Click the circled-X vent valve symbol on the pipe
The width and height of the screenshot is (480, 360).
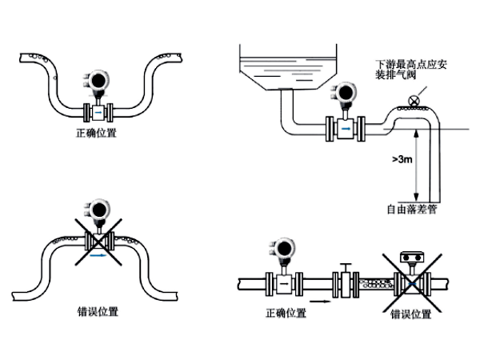click(x=413, y=101)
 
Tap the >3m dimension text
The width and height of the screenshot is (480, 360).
click(x=402, y=160)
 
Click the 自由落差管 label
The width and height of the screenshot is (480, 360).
click(x=410, y=210)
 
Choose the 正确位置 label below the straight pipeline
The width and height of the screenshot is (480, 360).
click(x=285, y=313)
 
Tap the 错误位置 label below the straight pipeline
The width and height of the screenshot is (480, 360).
click(x=410, y=314)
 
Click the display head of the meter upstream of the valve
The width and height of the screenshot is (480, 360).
click(x=284, y=249)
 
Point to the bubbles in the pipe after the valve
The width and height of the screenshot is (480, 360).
click(x=377, y=281)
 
